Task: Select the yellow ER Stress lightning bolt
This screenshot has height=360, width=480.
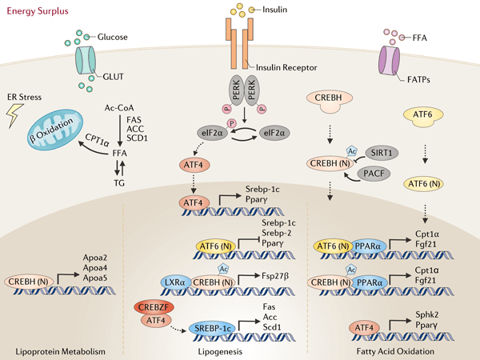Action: [x=14, y=118]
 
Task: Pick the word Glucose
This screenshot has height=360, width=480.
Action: [x=113, y=36]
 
